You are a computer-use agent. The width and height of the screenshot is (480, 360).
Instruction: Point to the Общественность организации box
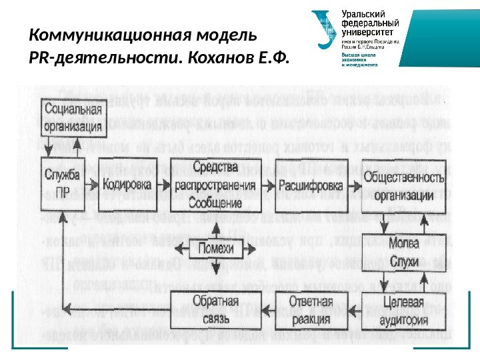coord(404,185)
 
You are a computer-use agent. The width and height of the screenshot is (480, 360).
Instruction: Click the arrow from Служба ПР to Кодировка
coord(93,183)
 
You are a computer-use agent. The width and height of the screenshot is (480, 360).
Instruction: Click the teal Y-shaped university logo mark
coord(325,30)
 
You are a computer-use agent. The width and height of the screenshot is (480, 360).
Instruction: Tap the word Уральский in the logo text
coord(365,14)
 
